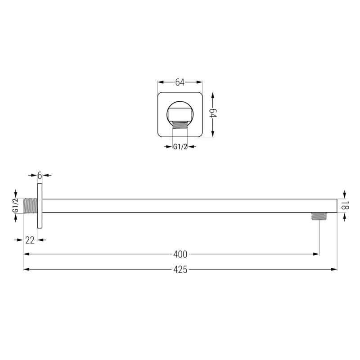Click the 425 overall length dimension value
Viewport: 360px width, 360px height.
[x=180, y=270]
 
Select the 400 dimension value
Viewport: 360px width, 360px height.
[x=180, y=254]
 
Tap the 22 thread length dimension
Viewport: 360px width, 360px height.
[x=30, y=240]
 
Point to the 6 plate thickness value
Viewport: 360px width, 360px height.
[x=40, y=175]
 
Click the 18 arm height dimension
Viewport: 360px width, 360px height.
[x=345, y=206]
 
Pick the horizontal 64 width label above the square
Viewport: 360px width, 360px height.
[x=180, y=82]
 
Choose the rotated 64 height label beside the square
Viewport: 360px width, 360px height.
[x=213, y=113]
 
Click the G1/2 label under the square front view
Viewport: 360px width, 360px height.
[x=180, y=147]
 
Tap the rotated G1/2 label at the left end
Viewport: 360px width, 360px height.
[x=15, y=206]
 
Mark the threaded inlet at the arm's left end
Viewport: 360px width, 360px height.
[x=30, y=206]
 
